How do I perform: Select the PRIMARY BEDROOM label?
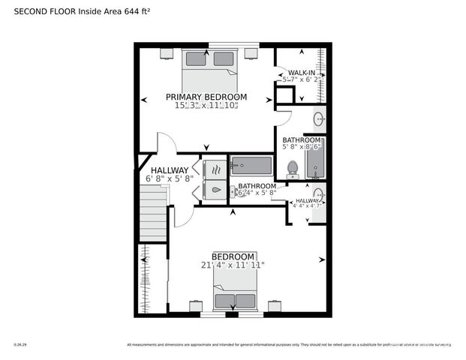pyautogui.click(x=206, y=97)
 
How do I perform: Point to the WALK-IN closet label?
pyautogui.click(x=302, y=73)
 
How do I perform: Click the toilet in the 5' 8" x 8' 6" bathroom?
pyautogui.click(x=293, y=168)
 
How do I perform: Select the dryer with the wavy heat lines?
pyautogui.click(x=215, y=169)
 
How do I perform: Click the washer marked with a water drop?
pyautogui.click(x=215, y=190)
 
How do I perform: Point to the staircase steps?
pyautogui.click(x=152, y=213)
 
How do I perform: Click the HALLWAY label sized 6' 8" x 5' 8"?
pyautogui.click(x=169, y=175)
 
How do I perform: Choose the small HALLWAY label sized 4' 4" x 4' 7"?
pyautogui.click(x=306, y=202)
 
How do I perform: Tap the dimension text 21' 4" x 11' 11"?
pyautogui.click(x=233, y=265)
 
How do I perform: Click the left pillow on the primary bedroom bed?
pyautogui.click(x=196, y=58)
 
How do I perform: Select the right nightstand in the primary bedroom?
pyautogui.click(x=251, y=54)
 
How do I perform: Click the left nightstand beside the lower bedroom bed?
pyautogui.click(x=195, y=306)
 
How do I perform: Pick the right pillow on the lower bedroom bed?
pyautogui.click(x=245, y=301)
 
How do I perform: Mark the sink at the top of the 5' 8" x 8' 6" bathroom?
pyautogui.click(x=318, y=118)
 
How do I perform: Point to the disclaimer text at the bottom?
pyautogui.click(x=289, y=345)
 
